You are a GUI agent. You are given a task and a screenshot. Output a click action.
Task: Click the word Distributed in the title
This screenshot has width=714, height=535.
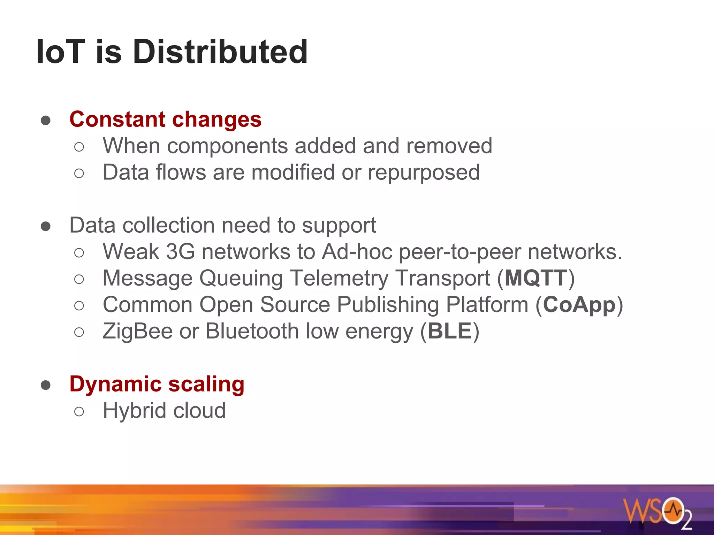pos(220,52)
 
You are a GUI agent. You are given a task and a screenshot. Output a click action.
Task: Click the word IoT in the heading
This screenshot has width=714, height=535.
pos(61,52)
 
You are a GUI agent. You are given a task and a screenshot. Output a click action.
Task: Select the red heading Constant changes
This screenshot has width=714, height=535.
pos(165,119)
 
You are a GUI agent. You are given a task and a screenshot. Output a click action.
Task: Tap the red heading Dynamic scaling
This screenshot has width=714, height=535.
pos(157,384)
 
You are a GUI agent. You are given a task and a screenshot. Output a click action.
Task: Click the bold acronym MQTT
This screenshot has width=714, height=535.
pos(536,278)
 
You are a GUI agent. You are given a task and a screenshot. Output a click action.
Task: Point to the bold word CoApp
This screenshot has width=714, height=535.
pos(579,305)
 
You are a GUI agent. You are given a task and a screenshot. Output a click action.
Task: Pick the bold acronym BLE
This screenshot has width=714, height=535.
pos(450,331)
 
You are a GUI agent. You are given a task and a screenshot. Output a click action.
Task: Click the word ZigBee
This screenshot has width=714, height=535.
pos(137,331)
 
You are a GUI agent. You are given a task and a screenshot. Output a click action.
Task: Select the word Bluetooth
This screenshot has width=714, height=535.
pos(252,331)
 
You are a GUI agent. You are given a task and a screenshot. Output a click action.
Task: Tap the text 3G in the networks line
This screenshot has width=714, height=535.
pos(180,252)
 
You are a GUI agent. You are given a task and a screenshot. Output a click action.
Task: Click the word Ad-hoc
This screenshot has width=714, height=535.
pos(357,252)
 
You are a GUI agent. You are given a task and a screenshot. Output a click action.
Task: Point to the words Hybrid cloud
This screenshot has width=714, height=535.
pos(164,411)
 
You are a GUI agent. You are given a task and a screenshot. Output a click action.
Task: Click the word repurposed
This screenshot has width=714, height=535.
pos(424,173)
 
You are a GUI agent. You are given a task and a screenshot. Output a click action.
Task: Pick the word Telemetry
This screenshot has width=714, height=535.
pos(339,278)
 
